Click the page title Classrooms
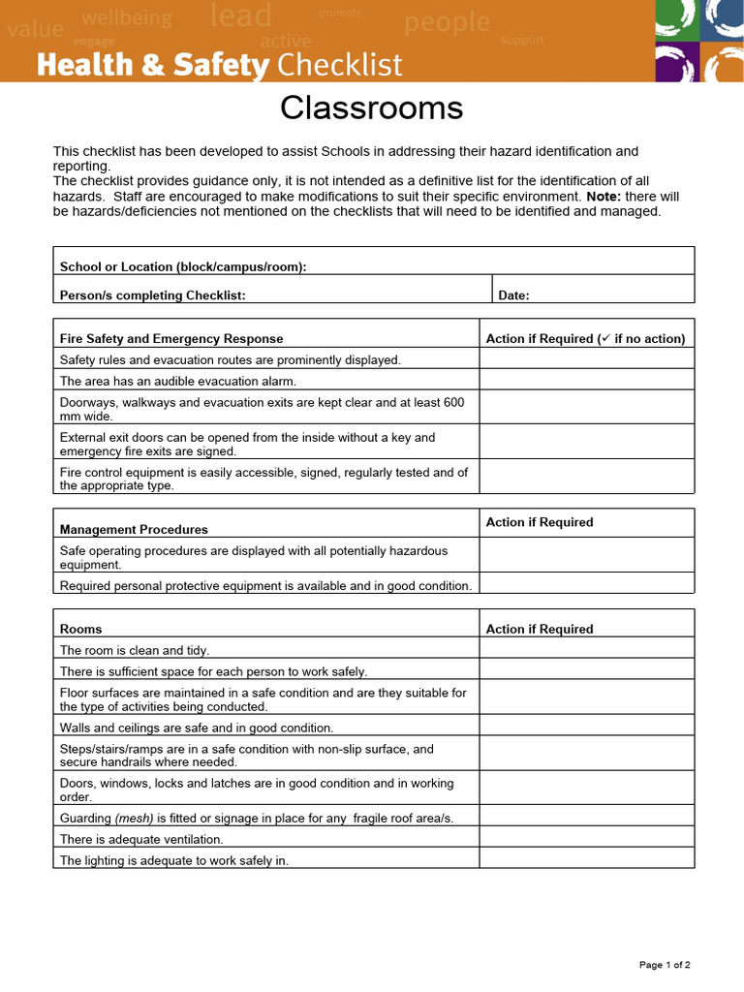point(371,108)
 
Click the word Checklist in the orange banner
point(339,65)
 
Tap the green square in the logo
point(676,19)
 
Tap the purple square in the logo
point(676,63)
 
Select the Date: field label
point(513,295)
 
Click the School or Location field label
point(183,266)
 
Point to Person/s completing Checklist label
point(152,295)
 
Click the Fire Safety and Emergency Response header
point(171,338)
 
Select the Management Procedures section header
point(134,529)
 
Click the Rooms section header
point(80,629)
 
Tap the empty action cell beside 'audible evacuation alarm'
point(586,380)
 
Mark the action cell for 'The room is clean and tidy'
point(586,649)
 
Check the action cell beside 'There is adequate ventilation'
point(586,838)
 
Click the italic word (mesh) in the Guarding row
point(134,818)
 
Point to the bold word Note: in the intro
point(604,196)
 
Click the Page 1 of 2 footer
point(665,964)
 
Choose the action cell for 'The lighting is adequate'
point(586,858)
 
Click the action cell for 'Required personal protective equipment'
point(586,584)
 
